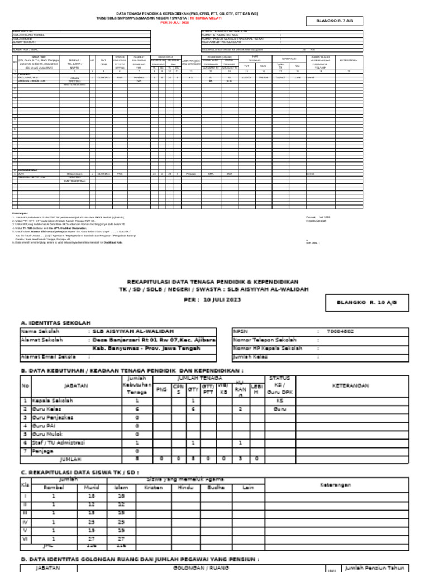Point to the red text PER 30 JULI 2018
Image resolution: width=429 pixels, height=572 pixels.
click(174, 23)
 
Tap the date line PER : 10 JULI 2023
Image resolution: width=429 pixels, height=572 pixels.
click(214, 299)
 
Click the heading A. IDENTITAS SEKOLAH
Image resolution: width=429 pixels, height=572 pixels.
click(55, 323)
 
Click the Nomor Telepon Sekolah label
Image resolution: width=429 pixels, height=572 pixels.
click(266, 339)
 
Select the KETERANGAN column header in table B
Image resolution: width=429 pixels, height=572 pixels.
click(350, 385)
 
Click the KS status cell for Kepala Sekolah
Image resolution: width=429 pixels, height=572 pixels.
click(280, 401)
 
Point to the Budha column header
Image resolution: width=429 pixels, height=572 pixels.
click(216, 487)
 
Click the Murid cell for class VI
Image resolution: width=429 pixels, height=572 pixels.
click(91, 538)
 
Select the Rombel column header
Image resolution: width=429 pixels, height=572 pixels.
click(54, 487)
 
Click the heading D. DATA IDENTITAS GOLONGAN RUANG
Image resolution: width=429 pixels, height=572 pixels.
click(140, 559)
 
